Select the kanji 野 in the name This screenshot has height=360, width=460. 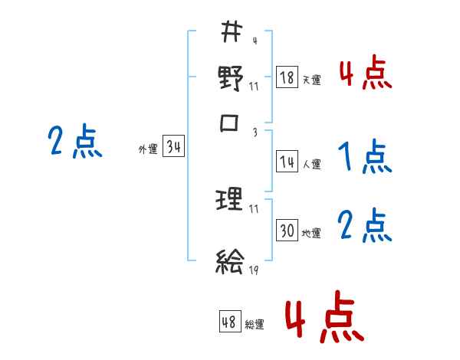click(231, 77)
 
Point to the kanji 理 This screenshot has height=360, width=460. click(231, 201)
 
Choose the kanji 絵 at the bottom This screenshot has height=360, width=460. click(230, 262)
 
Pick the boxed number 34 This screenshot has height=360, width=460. click(174, 148)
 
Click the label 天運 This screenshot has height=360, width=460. click(311, 80)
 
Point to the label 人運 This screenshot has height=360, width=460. click(312, 163)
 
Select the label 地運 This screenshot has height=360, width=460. click(312, 233)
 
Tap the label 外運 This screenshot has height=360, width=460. click(148, 149)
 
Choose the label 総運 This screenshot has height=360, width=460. click(255, 324)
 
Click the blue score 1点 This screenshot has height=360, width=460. click(364, 158)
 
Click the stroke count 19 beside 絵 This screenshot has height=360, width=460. click(253, 270)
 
